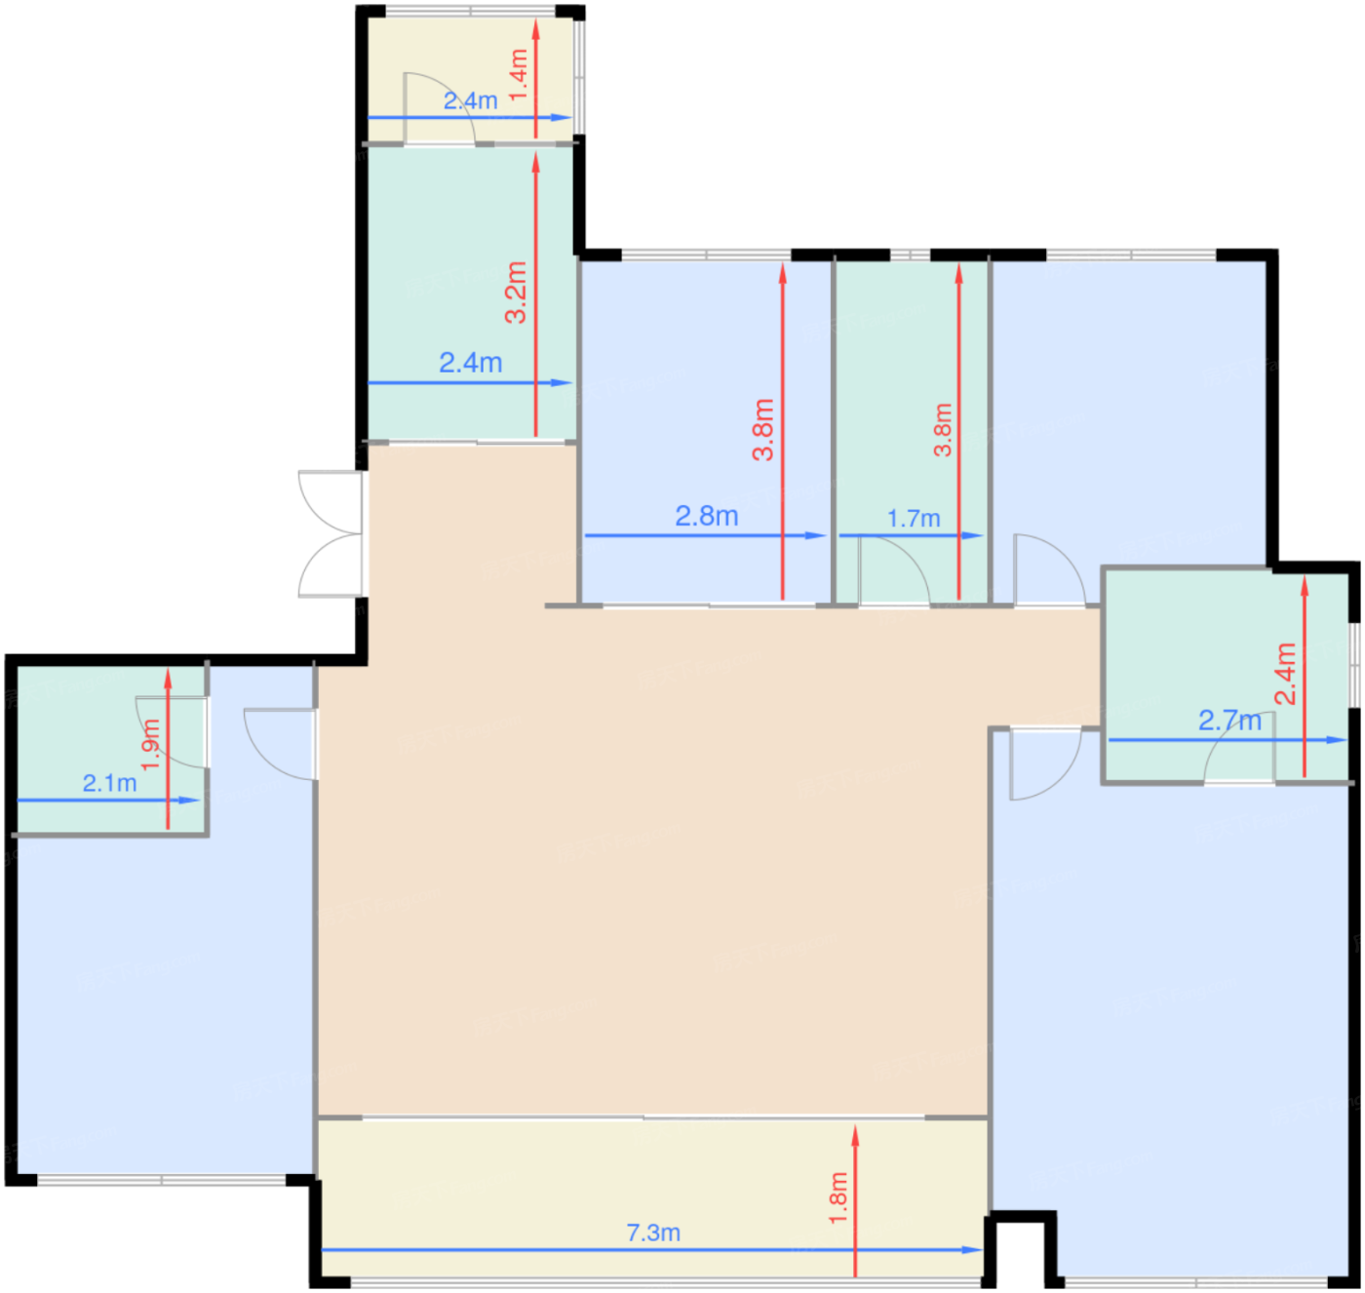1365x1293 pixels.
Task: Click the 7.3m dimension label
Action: click(x=653, y=1233)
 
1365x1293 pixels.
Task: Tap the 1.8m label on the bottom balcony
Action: click(x=838, y=1198)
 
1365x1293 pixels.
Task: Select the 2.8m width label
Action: click(x=706, y=516)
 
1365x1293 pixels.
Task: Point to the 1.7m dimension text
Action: click(x=914, y=518)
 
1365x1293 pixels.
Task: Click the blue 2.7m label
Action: click(x=1229, y=721)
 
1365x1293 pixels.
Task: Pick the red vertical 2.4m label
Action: click(x=1286, y=673)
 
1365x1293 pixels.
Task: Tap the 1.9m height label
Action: click(x=149, y=744)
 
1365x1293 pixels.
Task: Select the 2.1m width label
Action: click(x=109, y=783)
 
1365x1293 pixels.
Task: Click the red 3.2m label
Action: click(x=516, y=292)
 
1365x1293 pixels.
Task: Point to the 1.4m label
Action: click(x=519, y=75)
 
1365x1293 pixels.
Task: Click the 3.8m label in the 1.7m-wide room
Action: click(x=943, y=429)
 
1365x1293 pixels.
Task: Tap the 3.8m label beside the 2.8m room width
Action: click(x=763, y=429)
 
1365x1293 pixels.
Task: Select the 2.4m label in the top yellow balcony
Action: click(x=470, y=99)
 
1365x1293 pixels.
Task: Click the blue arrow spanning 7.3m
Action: click(x=487, y=1249)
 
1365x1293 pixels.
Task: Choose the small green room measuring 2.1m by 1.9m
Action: click(x=78, y=722)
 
